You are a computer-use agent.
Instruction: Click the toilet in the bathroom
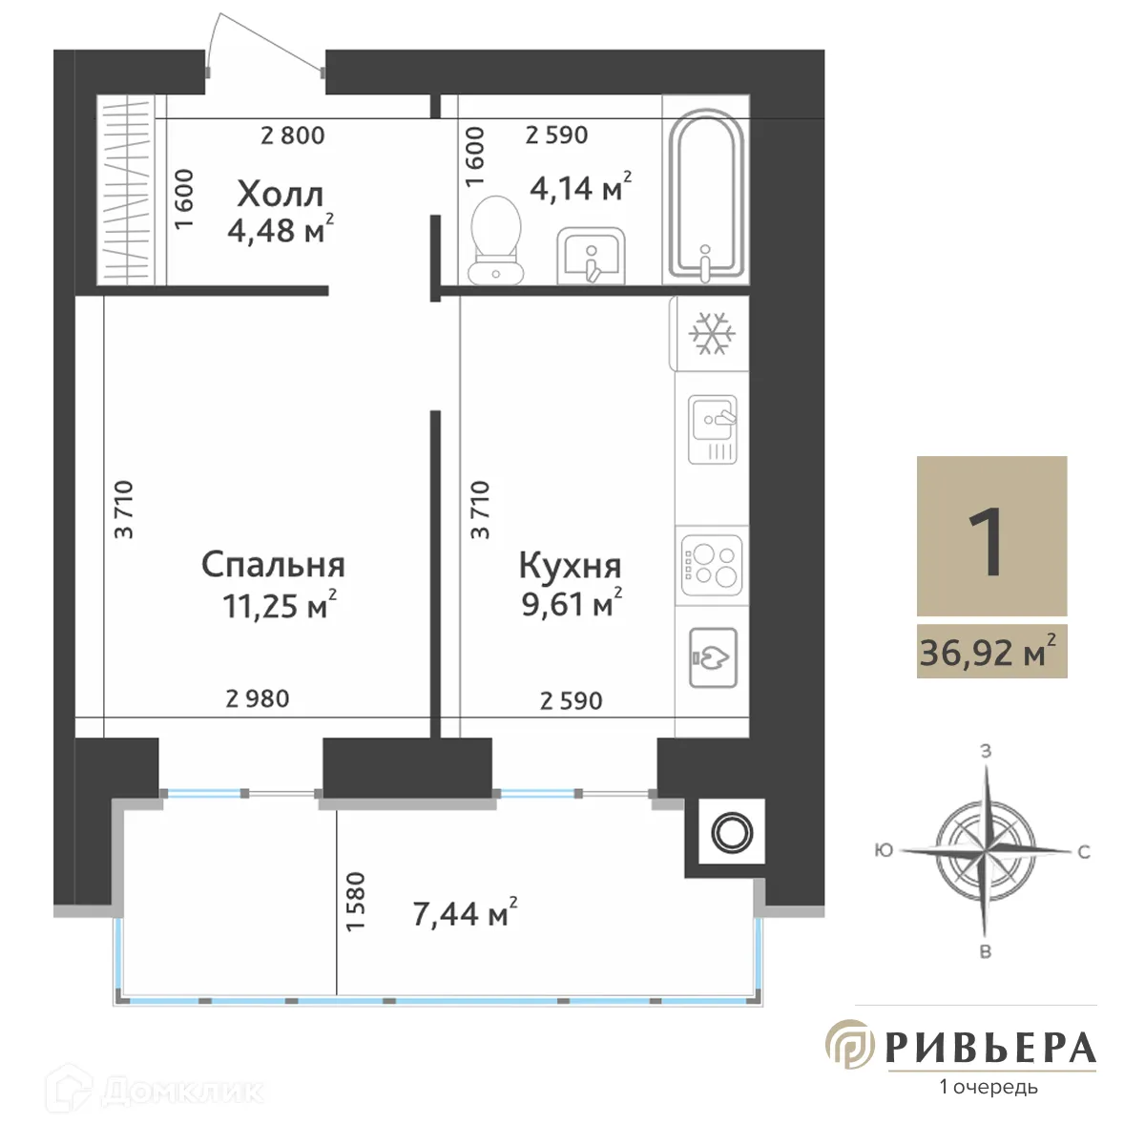click(x=496, y=239)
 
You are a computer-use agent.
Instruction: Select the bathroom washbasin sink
click(x=591, y=256)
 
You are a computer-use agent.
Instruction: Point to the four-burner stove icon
click(x=712, y=563)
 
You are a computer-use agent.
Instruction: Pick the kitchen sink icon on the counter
click(x=713, y=429)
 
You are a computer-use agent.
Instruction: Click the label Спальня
click(x=273, y=565)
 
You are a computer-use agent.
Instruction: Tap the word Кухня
click(x=570, y=565)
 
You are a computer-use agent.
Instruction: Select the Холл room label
click(x=281, y=195)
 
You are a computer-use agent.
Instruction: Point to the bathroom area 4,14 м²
click(x=580, y=187)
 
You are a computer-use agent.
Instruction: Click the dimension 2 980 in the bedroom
click(x=258, y=699)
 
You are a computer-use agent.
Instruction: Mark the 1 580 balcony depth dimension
click(x=355, y=902)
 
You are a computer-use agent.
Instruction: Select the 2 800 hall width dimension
click(x=293, y=136)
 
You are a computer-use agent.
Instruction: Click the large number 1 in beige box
click(x=990, y=540)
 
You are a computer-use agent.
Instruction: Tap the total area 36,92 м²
click(x=989, y=654)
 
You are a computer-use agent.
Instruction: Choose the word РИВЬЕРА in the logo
click(x=990, y=1048)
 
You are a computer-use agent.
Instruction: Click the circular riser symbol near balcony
click(x=732, y=831)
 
